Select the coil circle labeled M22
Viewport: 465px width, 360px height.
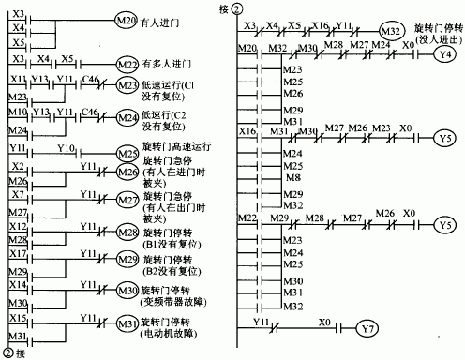click(125, 64)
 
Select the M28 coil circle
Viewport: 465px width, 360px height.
click(125, 231)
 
